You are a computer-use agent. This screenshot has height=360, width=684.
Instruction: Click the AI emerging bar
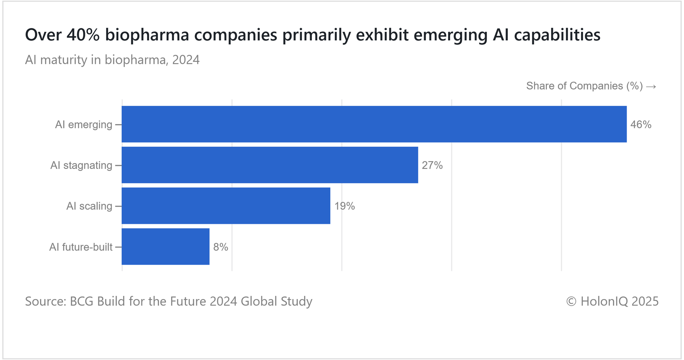click(x=374, y=124)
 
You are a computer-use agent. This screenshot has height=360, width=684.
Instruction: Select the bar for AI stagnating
click(x=270, y=165)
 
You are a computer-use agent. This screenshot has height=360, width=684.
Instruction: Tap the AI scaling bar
click(x=226, y=206)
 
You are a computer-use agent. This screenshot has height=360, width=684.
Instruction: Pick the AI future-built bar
click(x=166, y=246)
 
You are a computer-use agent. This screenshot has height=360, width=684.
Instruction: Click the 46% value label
click(x=641, y=124)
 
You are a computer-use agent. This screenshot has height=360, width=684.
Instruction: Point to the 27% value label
click(x=432, y=165)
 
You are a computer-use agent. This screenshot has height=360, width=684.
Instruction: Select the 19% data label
click(x=344, y=206)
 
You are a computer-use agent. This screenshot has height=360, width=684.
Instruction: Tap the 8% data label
click(x=221, y=247)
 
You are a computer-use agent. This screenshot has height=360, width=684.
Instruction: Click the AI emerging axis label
click(x=83, y=124)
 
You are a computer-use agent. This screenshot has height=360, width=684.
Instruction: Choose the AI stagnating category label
click(x=81, y=165)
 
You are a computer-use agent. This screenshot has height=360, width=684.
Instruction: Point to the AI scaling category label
click(x=89, y=206)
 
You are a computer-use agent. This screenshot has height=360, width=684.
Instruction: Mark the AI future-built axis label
click(x=81, y=247)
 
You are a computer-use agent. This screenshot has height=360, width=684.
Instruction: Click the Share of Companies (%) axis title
click(x=584, y=86)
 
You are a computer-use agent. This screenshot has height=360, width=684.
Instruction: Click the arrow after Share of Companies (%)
click(x=651, y=86)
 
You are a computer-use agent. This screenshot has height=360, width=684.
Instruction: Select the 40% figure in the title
click(x=83, y=35)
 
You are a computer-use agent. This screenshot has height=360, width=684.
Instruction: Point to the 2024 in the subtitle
click(x=186, y=60)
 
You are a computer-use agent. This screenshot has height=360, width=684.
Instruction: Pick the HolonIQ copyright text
click(x=612, y=301)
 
